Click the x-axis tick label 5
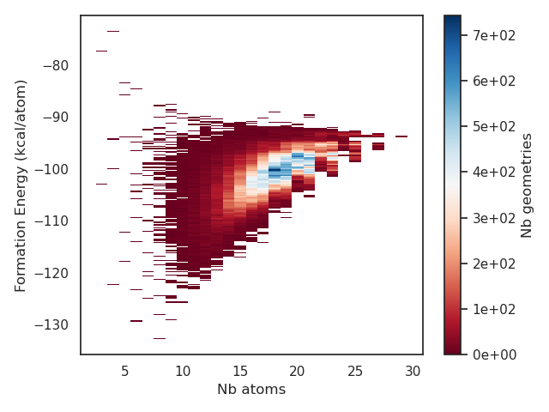(124, 371)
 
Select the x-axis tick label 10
(183, 371)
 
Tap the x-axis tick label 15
(240, 371)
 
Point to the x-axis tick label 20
(298, 371)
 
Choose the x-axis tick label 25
(355, 371)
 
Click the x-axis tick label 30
(413, 371)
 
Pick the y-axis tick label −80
(54, 66)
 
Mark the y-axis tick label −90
(54, 118)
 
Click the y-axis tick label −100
(51, 169)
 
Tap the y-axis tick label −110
(51, 221)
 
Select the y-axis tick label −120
(51, 273)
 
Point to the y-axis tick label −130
(51, 324)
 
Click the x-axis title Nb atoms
(251, 390)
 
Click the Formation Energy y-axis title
(21, 185)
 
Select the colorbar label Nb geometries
(527, 185)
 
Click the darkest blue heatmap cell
(274, 170)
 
